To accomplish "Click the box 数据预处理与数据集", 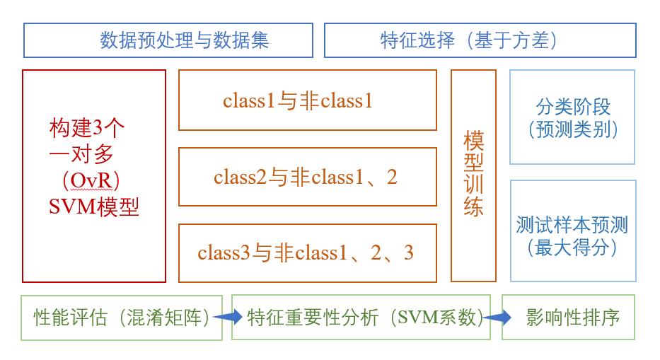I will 168,40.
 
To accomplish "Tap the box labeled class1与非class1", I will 307,100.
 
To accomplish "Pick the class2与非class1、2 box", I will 307,177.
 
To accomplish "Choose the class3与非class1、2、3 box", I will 307,252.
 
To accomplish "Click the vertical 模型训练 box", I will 473,175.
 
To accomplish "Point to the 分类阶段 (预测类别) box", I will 572,117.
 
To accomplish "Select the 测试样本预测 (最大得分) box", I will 572,231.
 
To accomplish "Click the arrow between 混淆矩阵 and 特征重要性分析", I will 228,318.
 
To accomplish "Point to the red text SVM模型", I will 93,207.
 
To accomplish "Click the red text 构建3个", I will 88,128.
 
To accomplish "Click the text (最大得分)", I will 572,248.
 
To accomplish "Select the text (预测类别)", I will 572,129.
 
